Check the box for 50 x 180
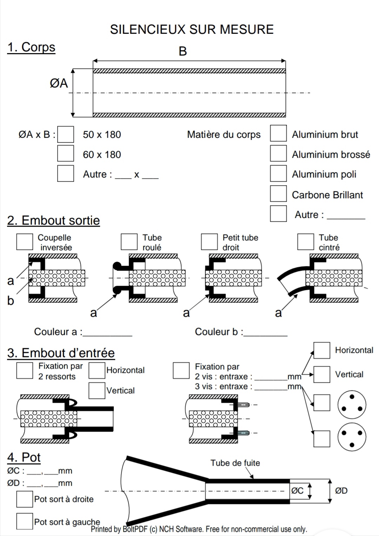[66, 135]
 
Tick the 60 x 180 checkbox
[66, 153]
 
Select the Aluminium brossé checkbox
[278, 153]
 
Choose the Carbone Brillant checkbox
[278, 194]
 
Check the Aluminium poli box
[278, 173]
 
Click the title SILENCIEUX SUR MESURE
[192, 30]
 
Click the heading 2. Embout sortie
[53, 221]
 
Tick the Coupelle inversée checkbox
[25, 241]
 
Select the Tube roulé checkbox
[129, 241]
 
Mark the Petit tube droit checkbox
[209, 241]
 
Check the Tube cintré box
[305, 241]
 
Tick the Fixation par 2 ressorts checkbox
[25, 371]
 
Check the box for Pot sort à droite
[25, 499]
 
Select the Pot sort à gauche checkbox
[25, 521]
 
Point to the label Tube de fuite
[235, 463]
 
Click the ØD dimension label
[341, 491]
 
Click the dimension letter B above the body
[183, 51]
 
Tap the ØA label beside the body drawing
[59, 84]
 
